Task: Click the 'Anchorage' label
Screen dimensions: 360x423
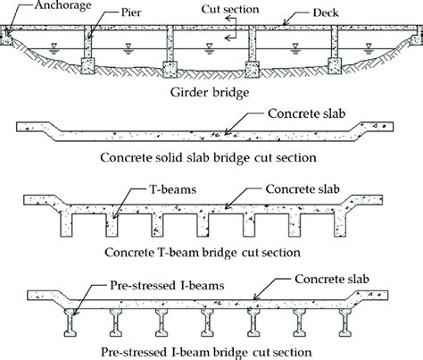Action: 35,8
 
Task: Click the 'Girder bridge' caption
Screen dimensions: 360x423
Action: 211,92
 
